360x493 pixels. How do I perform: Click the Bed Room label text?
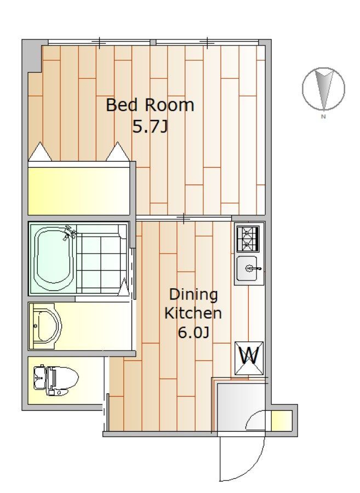(150, 105)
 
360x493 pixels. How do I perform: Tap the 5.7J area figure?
(150, 127)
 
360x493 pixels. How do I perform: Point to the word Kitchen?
(193, 313)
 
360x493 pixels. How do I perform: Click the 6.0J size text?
(193, 333)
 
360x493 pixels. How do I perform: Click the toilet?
(56, 380)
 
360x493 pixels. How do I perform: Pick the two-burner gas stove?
(248, 238)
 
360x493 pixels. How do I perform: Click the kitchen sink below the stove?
(248, 268)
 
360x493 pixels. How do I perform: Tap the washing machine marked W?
(249, 358)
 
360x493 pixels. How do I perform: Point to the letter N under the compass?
(323, 117)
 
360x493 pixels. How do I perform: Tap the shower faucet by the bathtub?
(70, 232)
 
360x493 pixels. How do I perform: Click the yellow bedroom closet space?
(78, 191)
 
